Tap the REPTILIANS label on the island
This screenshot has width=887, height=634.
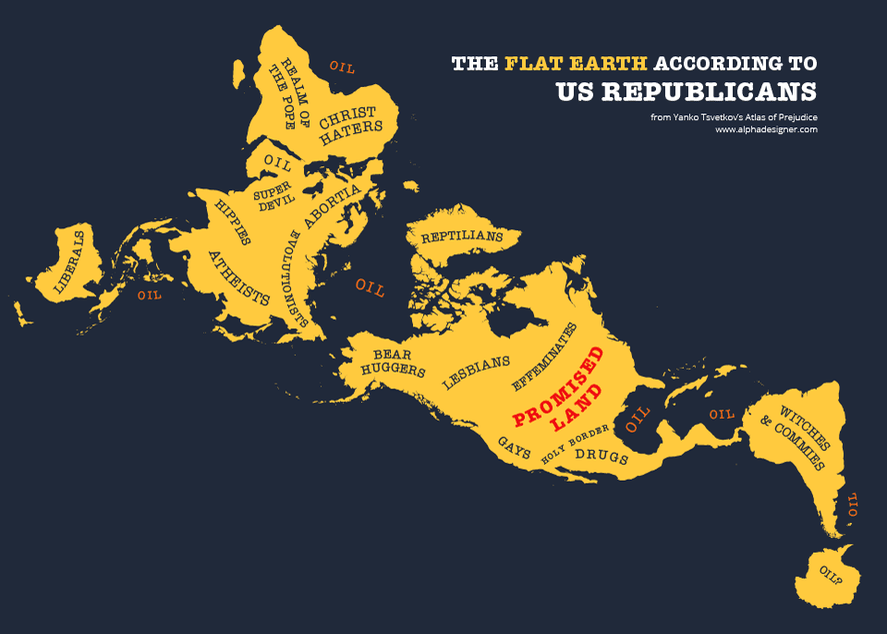coord(462,238)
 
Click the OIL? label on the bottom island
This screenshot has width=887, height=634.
coord(831,575)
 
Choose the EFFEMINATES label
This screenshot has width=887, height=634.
coord(544,356)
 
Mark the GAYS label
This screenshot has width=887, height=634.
coord(515,448)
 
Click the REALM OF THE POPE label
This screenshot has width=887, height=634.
coord(283,95)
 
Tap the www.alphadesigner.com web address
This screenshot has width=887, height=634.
coord(766,130)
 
